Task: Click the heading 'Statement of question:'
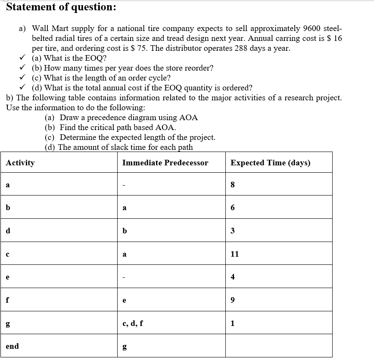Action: (61, 7)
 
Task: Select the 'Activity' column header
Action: (20, 163)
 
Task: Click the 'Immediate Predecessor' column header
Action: (165, 163)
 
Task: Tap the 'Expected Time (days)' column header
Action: (270, 163)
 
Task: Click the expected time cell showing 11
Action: (234, 254)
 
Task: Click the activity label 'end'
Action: (12, 346)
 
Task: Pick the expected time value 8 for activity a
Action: (233, 185)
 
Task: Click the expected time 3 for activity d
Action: (233, 231)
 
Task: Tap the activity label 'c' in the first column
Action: (8, 254)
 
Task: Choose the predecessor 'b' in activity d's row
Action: (125, 231)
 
